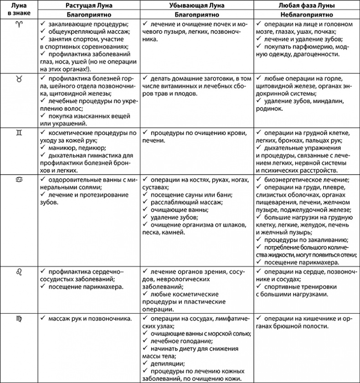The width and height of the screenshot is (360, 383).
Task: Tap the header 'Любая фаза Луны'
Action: [305, 5]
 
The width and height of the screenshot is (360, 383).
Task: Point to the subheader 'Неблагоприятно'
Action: [305, 14]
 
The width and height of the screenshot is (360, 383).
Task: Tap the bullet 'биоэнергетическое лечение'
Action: [306, 179]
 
